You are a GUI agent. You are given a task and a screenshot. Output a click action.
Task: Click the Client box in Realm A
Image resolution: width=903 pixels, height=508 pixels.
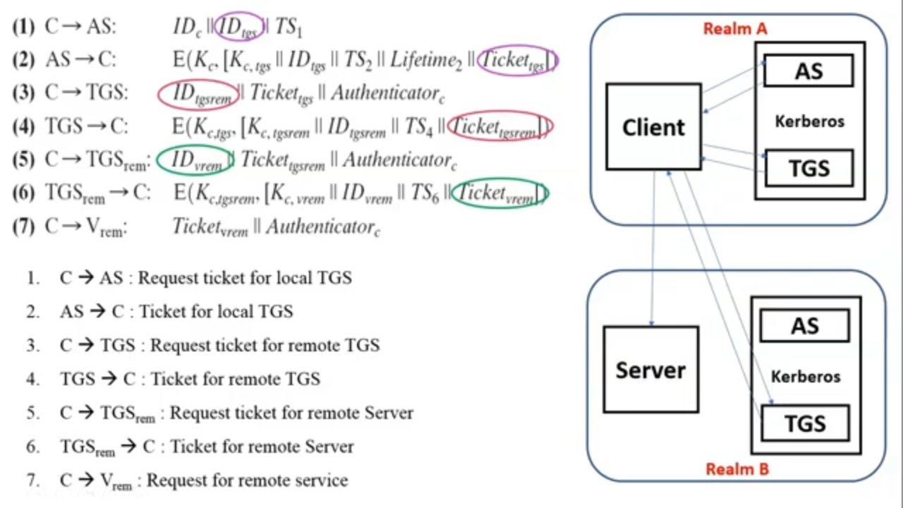[653, 127]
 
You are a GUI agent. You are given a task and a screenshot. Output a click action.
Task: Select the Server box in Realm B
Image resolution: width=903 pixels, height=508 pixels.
[650, 369]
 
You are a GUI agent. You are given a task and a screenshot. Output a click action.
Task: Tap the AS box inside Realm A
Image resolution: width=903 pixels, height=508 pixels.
[808, 71]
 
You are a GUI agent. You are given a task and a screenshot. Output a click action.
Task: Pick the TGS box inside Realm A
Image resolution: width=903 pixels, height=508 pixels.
[808, 168]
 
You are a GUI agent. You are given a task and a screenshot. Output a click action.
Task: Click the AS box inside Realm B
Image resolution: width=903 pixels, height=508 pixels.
[804, 326]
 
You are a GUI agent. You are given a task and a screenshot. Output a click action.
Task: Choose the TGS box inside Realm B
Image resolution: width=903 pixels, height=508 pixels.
[804, 423]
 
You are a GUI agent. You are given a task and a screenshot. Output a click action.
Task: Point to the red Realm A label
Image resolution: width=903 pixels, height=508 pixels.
[734, 29]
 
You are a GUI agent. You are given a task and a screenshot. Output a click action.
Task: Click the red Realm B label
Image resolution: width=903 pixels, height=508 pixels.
[737, 468]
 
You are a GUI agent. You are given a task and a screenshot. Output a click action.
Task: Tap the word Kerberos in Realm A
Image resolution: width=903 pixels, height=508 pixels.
[809, 121]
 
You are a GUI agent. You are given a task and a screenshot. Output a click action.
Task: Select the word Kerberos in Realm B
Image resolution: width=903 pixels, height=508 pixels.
[805, 376]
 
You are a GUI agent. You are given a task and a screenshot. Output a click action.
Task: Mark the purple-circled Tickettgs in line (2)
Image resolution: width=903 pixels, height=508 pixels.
[516, 61]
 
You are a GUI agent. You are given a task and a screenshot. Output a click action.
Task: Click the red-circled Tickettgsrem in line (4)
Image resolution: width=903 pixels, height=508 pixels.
[499, 127]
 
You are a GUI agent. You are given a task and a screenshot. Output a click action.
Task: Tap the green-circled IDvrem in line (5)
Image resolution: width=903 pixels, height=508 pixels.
[194, 160]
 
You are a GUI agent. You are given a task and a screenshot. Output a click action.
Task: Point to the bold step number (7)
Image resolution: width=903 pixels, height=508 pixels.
[24, 226]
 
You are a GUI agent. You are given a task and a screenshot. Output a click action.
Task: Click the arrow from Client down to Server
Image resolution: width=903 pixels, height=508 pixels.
[653, 247]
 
